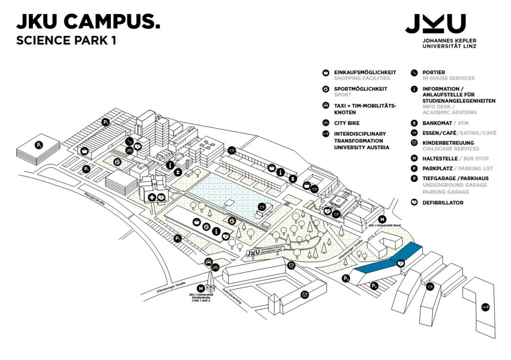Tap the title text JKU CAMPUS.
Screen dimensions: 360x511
click(x=88, y=22)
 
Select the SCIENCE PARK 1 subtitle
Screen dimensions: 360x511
click(x=66, y=41)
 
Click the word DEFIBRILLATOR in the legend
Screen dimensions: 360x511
click(x=443, y=203)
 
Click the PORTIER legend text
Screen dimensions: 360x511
click(x=434, y=72)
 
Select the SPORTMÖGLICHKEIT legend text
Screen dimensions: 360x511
click(x=360, y=89)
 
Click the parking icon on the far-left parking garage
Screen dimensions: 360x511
click(x=39, y=145)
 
